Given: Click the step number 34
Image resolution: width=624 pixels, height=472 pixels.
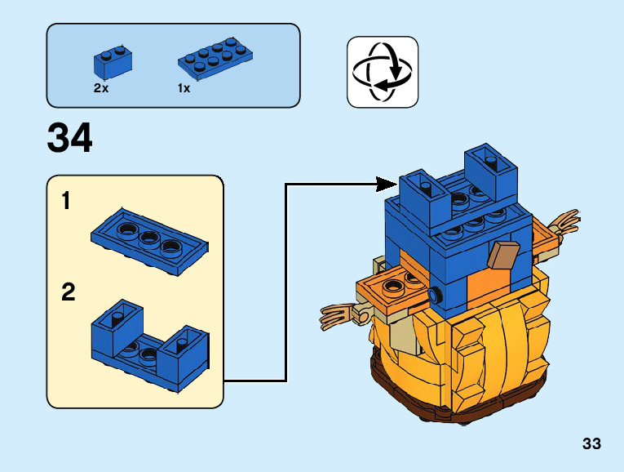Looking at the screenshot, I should (x=70, y=139).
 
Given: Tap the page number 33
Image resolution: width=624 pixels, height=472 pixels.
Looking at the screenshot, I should (x=591, y=443).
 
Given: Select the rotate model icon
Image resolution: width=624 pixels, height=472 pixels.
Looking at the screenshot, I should (x=382, y=71).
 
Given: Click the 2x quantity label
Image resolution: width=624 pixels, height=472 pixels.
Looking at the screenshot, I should (x=101, y=88).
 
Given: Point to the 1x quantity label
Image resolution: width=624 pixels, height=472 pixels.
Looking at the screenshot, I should (x=184, y=88).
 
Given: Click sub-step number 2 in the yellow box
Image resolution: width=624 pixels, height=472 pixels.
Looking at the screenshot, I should (x=69, y=292).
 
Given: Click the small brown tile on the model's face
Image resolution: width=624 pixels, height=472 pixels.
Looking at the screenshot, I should (x=502, y=256).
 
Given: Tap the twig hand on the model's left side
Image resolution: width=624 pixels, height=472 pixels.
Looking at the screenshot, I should (x=338, y=314).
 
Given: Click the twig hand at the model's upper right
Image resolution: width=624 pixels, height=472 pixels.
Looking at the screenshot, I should (x=565, y=222).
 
